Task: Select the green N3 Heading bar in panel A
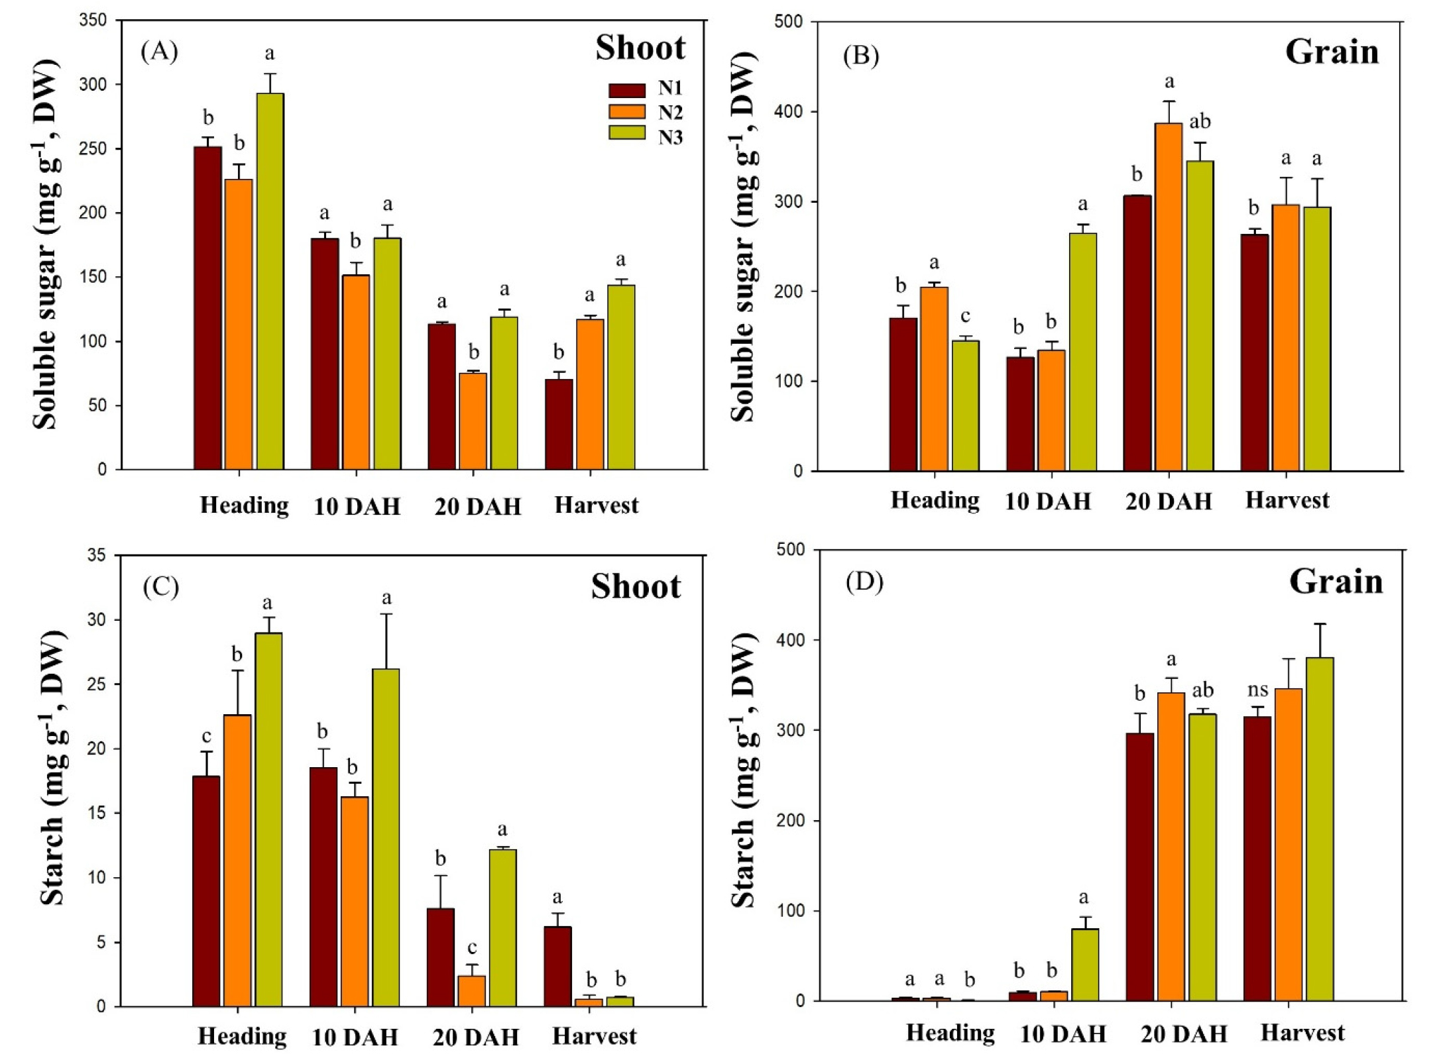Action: [270, 282]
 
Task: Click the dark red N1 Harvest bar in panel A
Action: [559, 424]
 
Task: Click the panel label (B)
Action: [860, 56]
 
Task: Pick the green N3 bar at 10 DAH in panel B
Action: [1083, 352]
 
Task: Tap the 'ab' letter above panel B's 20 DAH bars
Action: [1200, 122]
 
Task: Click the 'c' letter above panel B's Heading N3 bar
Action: [965, 317]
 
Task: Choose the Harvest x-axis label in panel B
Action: [1287, 500]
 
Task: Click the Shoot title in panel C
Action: [636, 587]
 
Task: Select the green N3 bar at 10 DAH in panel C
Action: [386, 837]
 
